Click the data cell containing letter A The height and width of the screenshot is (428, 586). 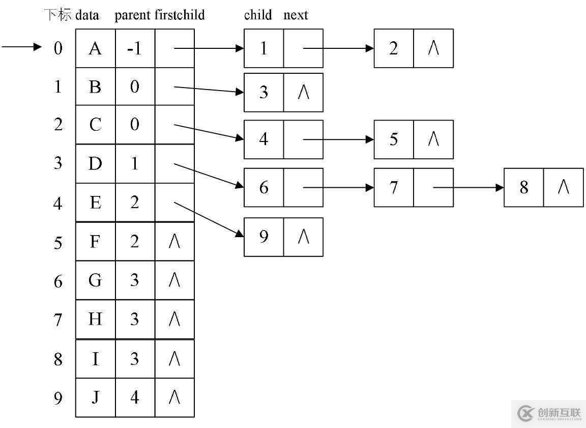coord(95,48)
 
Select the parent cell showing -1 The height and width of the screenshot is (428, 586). coord(135,48)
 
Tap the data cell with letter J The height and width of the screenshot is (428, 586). coord(95,397)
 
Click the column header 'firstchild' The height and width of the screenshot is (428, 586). coord(180,15)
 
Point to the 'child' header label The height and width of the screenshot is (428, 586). coord(258,15)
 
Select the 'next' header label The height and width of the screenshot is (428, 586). coord(296,15)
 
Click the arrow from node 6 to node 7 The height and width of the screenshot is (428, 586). coord(338,188)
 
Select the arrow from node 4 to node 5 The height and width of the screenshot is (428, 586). coord(338,139)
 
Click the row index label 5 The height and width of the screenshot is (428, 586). coord(58,243)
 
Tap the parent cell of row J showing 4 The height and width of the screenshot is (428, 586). coord(135,397)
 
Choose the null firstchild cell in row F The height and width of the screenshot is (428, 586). coord(174,242)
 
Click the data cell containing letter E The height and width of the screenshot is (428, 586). coord(95,203)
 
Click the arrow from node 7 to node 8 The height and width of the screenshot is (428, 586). coord(468,188)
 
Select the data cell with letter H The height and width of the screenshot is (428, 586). coord(95,320)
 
